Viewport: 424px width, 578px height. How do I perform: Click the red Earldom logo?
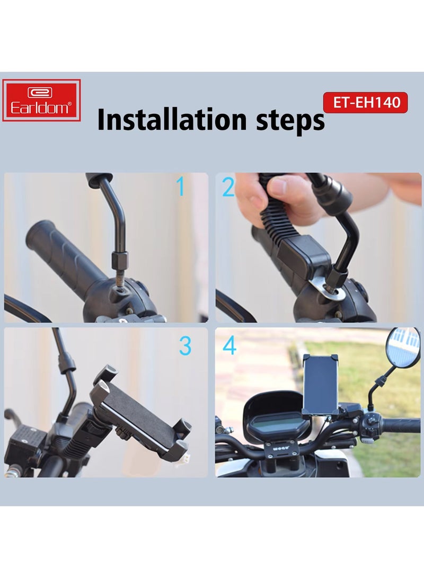pyautogui.click(x=41, y=100)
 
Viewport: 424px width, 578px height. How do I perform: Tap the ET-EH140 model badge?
pyautogui.click(x=365, y=102)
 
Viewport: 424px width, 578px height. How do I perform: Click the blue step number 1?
pyautogui.click(x=181, y=187)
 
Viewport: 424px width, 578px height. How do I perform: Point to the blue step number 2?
pyautogui.click(x=228, y=187)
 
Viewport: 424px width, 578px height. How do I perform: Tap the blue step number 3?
pyautogui.click(x=184, y=345)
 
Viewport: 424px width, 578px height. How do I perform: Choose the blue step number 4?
pyautogui.click(x=229, y=345)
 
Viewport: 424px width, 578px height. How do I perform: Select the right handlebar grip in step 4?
pyautogui.click(x=400, y=425)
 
